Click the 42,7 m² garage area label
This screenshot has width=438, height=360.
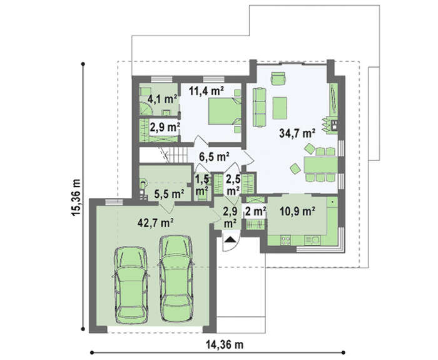156,223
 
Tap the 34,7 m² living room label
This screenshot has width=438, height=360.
297,133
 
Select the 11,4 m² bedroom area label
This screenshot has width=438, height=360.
206,91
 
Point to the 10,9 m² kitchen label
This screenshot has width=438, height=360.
297,212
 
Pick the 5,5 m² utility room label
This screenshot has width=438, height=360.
170,193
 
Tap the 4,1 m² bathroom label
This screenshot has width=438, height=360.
163,99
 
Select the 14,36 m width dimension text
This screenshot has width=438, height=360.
225,344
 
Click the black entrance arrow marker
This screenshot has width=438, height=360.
230,239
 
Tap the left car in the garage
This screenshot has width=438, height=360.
131,285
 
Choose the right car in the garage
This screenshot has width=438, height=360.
176,278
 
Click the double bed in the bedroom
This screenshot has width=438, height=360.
225,111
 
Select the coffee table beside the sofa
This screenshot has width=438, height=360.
280,108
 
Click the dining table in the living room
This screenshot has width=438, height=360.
321,165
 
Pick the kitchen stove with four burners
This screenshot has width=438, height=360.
285,240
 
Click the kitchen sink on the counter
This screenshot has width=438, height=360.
313,240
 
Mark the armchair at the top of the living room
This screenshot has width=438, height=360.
278,78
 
